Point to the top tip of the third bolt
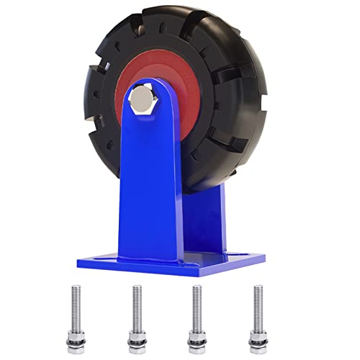point(194,288)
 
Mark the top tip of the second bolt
point(135,288)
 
